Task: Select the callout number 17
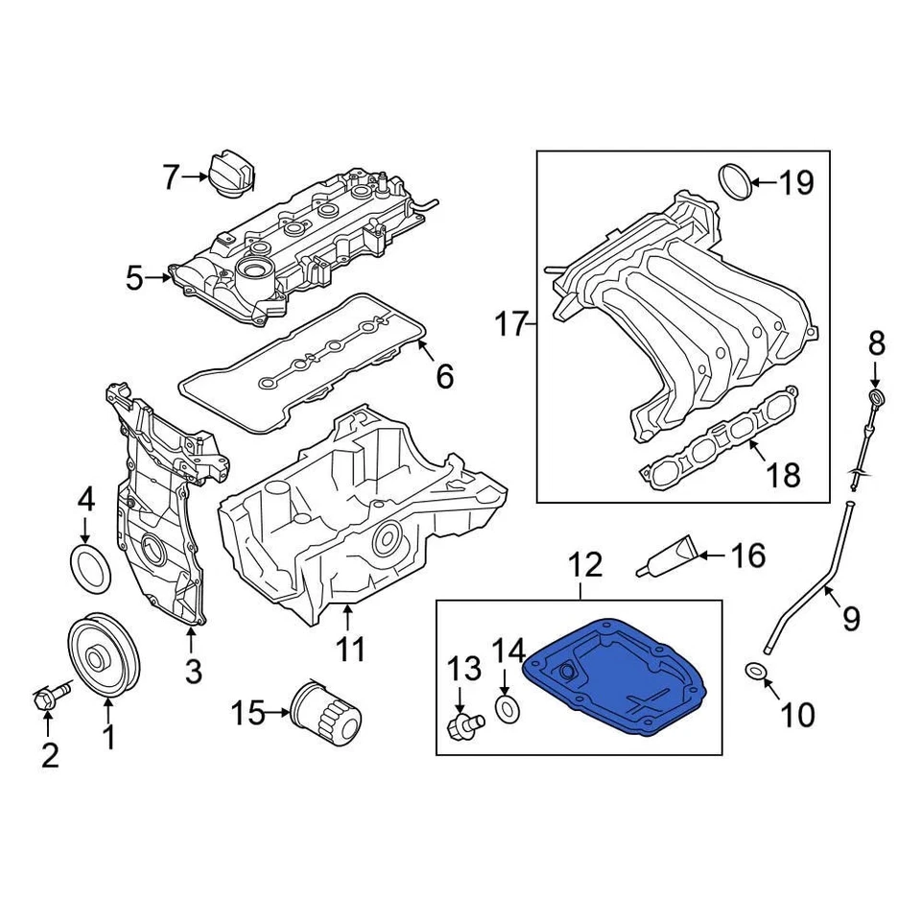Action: tap(512, 324)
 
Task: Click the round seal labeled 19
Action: tap(735, 181)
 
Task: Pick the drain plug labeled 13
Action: tap(460, 729)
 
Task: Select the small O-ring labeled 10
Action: tap(756, 670)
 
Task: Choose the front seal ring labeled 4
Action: tap(91, 567)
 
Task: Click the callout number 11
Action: tap(350, 649)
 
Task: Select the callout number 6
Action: tap(444, 376)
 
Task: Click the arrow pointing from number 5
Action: tap(161, 279)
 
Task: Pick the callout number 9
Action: tap(851, 619)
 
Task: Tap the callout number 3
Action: tap(193, 672)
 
